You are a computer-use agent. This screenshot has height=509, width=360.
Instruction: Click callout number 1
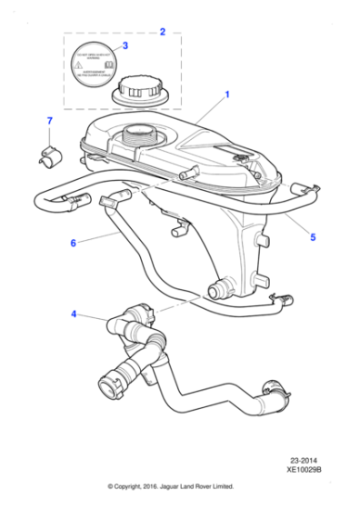[x=226, y=94]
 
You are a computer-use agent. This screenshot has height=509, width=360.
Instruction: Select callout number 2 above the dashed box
[x=162, y=33]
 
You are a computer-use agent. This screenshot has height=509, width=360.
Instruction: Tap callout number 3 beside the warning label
[x=125, y=45]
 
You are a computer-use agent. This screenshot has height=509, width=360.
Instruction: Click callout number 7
[x=50, y=121]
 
